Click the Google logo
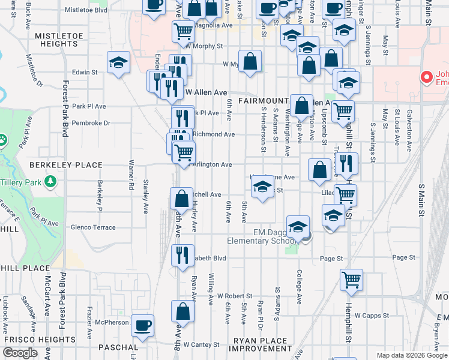(x=20, y=353)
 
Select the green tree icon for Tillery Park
(x=50, y=181)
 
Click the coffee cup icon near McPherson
(x=142, y=325)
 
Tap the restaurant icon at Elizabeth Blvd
(x=182, y=254)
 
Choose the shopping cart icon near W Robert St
(x=351, y=279)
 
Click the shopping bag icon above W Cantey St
(x=182, y=311)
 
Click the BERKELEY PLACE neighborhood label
(x=59, y=164)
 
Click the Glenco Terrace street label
(x=93, y=227)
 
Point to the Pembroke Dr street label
(x=91, y=123)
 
